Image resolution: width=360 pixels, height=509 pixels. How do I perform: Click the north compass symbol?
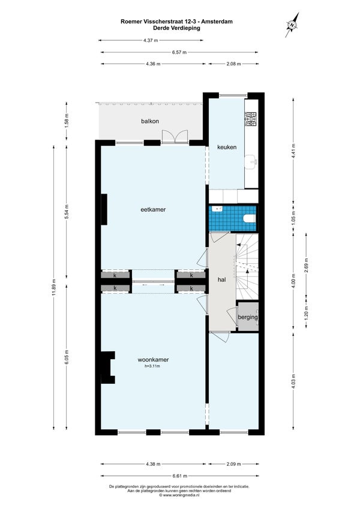[x=292, y=25]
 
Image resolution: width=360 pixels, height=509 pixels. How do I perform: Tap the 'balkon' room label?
[x=150, y=122]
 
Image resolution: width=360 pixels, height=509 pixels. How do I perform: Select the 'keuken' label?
[x=227, y=147]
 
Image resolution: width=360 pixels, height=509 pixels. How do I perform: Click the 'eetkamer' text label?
[x=153, y=210]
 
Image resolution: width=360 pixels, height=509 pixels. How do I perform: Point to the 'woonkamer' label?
[x=153, y=360]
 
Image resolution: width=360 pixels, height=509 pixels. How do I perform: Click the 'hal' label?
[x=222, y=279]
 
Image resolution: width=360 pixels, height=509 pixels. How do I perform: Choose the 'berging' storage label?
[x=248, y=317]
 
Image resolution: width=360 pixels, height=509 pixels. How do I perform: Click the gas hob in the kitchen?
[x=251, y=119]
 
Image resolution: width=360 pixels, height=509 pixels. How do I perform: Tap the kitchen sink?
[x=251, y=161]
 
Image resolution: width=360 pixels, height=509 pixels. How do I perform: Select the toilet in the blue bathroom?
[x=249, y=218]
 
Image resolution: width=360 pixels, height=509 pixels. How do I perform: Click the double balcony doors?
[x=175, y=136]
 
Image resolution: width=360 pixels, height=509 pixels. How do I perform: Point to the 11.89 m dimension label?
[x=54, y=287]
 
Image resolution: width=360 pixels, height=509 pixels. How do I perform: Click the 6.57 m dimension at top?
[x=179, y=52]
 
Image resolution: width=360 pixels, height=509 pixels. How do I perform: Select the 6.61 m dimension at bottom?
[x=179, y=476]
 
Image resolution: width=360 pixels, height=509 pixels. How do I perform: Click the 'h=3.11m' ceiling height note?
[x=153, y=366]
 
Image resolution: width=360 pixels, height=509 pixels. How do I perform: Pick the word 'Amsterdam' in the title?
[x=217, y=22]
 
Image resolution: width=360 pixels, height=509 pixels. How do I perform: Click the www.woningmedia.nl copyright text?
[x=179, y=495]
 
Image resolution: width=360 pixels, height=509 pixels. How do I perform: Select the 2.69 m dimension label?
[x=307, y=264]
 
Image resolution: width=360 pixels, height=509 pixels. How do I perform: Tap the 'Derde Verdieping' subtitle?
[x=176, y=28]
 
